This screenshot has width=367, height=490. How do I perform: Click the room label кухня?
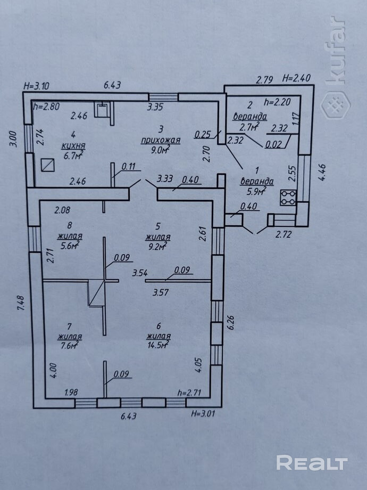(73, 146)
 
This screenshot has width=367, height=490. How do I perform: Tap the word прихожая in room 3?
(161, 140)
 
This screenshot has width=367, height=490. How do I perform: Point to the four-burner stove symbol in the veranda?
(288, 198)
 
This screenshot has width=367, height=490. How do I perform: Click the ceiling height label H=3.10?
(37, 86)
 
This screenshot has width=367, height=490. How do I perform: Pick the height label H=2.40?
(296, 78)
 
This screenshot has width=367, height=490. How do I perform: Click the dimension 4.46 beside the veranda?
(322, 171)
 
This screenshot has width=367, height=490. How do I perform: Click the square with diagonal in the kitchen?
(47, 165)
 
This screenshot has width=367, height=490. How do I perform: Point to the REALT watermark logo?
(312, 463)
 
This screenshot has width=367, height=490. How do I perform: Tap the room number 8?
(70, 225)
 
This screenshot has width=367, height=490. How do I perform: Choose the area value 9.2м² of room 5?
(157, 246)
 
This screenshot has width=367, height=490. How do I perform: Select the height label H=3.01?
(203, 414)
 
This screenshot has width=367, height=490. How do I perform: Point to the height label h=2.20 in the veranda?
(278, 102)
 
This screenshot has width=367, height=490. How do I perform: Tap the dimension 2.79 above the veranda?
(265, 80)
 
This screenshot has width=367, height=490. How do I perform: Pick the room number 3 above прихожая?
(161, 128)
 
